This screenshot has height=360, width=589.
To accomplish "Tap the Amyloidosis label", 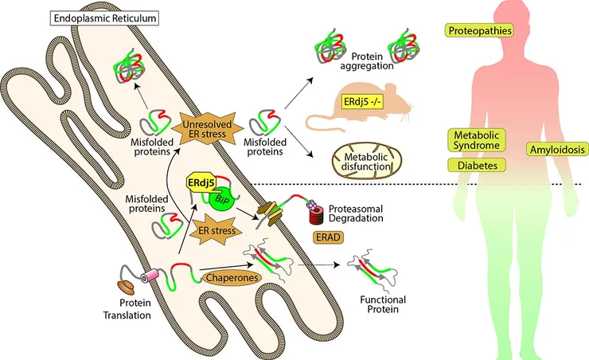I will (x=556, y=149).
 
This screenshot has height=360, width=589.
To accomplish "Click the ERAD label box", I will (x=324, y=237).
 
